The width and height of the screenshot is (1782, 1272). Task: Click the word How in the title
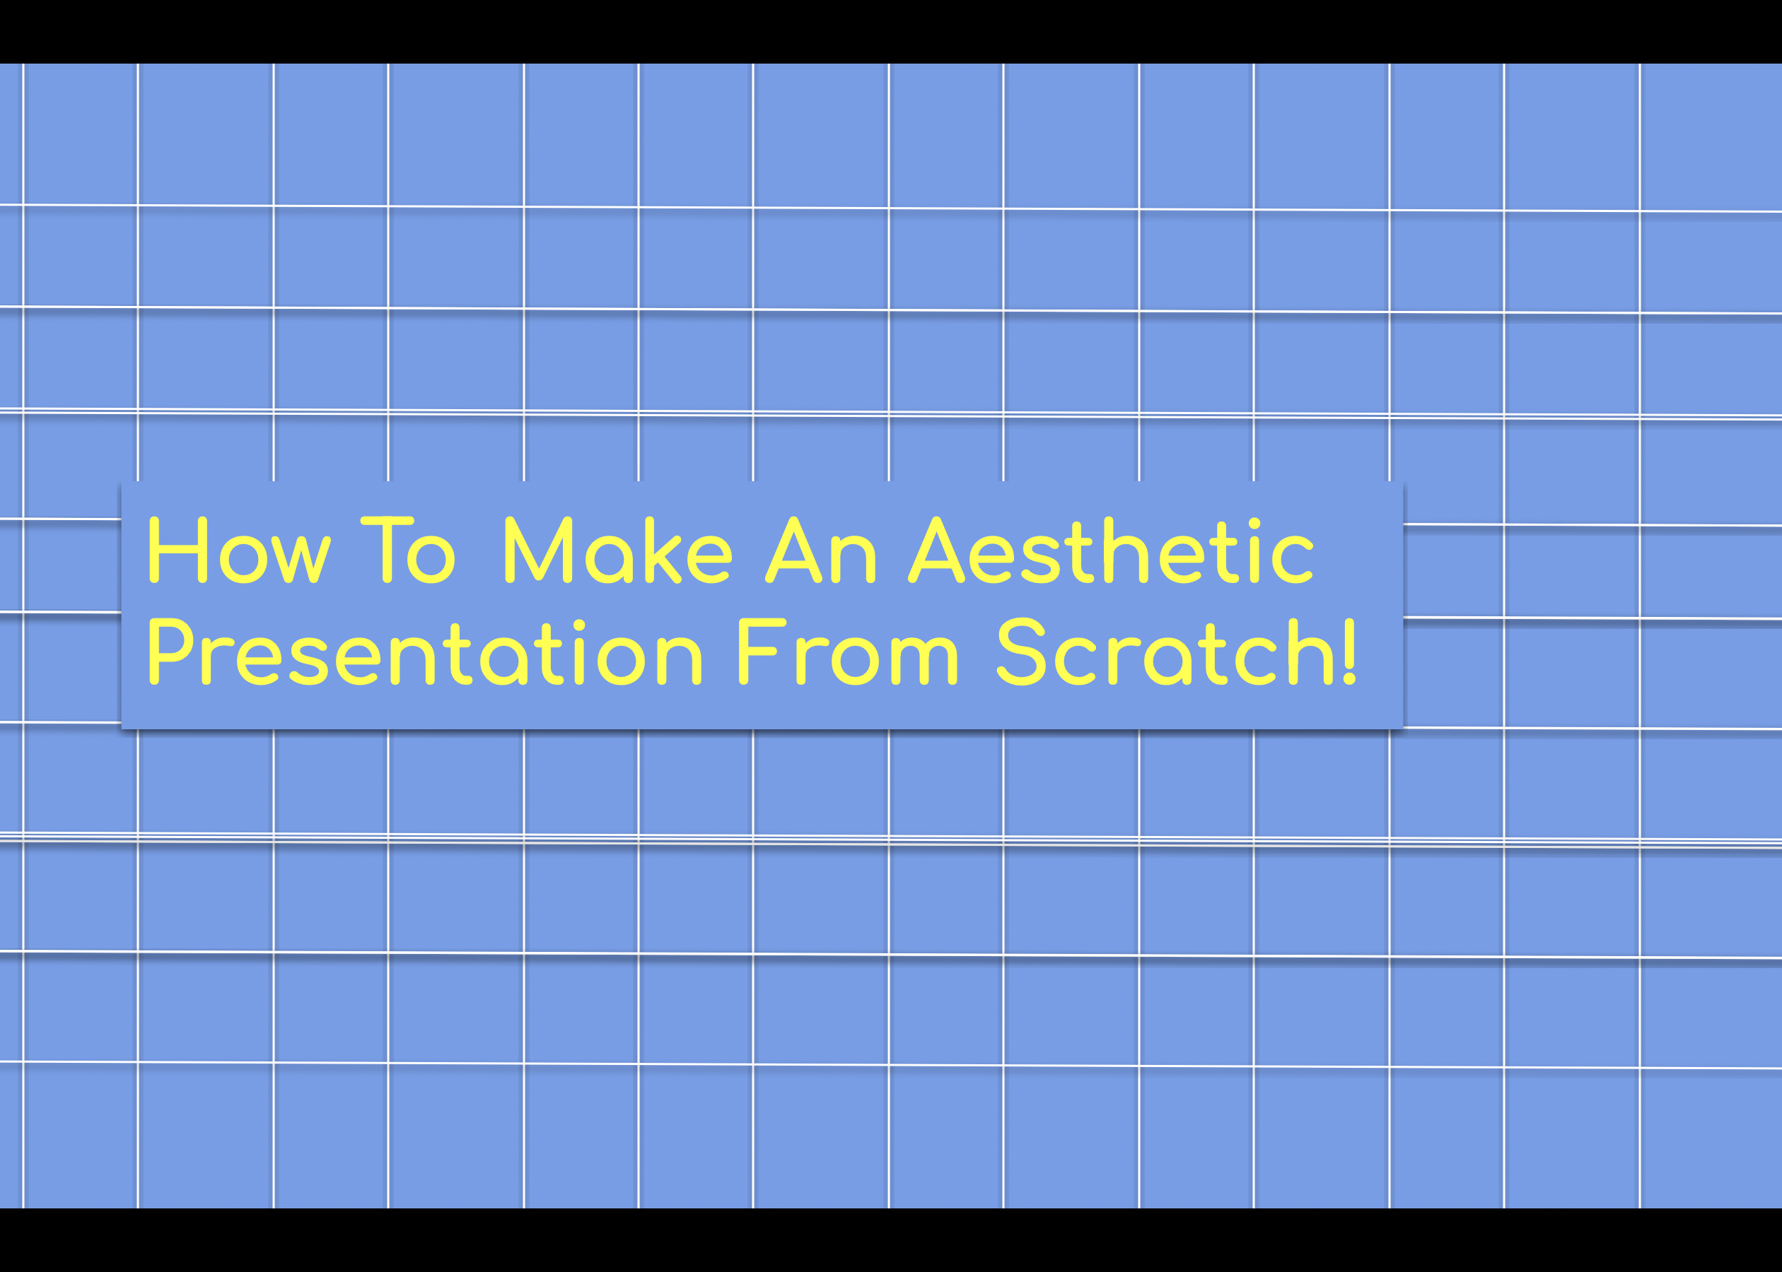coord(239,550)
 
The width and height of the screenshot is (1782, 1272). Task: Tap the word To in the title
coord(407,550)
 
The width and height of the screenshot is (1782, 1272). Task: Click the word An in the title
coord(820,550)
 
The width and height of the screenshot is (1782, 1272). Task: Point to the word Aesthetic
coord(1111,550)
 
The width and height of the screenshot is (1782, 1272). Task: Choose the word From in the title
coord(847,652)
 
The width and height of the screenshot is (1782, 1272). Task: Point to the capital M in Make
coord(538,550)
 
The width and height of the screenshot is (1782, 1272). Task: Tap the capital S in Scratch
coord(1021,652)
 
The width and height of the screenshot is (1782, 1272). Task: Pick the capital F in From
coord(759,652)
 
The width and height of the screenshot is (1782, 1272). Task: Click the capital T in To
coord(386,550)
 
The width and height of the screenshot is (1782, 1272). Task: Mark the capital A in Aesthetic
coord(936,550)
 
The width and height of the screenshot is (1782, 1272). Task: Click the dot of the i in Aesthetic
coord(1254,523)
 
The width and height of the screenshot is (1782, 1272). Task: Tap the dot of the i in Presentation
coord(579,625)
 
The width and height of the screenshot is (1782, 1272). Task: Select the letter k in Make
coord(662,550)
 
